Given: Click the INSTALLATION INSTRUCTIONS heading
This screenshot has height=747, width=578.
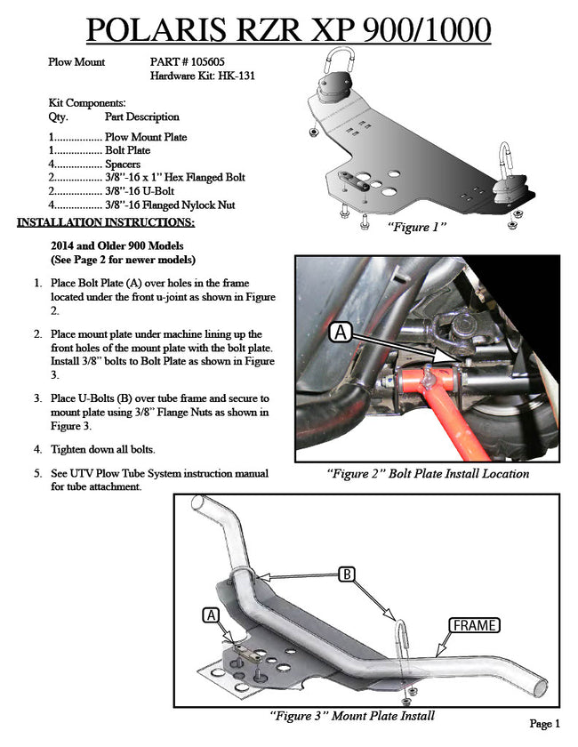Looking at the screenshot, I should tap(106, 221).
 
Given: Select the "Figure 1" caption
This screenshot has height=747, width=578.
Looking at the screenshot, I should tap(416, 229).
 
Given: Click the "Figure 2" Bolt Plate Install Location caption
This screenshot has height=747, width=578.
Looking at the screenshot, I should tap(427, 474).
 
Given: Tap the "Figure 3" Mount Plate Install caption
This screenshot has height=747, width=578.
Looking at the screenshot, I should tap(351, 715).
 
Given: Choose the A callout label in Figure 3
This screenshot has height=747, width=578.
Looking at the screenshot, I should tap(211, 614).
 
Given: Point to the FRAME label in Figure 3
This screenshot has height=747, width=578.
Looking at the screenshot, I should tap(474, 624).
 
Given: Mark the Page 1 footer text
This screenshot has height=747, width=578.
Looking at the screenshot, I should tap(544, 724).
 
